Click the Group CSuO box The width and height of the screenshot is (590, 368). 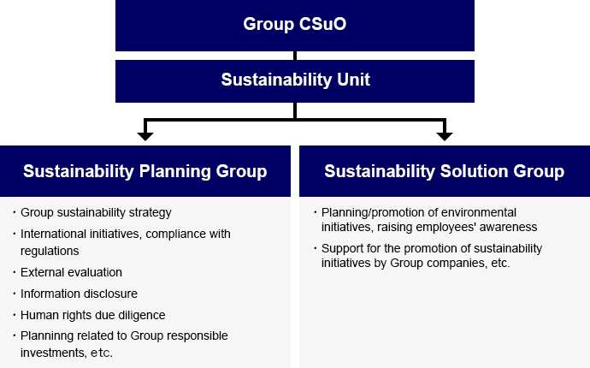(x=294, y=24)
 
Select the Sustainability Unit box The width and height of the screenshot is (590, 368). (x=294, y=80)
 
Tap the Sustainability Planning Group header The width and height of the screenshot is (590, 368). (x=145, y=171)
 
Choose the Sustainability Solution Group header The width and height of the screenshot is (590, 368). (x=444, y=171)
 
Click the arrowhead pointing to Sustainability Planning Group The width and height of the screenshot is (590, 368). (x=145, y=136)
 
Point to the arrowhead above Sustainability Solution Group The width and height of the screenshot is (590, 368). (x=445, y=136)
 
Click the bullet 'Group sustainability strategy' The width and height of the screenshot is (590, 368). (x=96, y=212)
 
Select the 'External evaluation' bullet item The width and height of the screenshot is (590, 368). (x=71, y=272)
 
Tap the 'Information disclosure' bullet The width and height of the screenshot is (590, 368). (x=79, y=294)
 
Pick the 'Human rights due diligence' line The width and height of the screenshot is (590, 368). (x=92, y=314)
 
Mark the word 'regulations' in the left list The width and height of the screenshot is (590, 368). (x=50, y=251)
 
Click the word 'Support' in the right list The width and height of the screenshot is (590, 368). (x=342, y=248)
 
